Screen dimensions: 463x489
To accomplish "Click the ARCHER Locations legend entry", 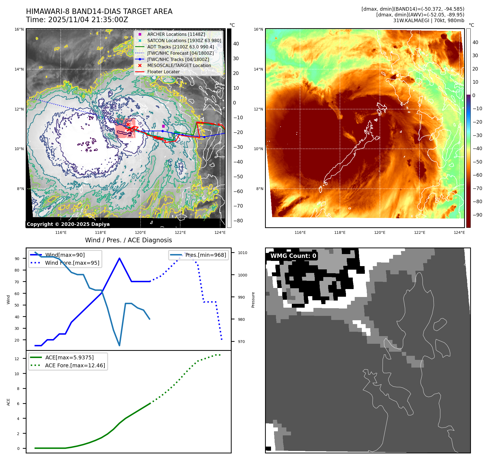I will (x=176, y=34).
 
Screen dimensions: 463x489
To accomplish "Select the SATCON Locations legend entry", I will (x=184, y=40).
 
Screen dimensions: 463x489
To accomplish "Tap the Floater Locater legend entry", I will (x=163, y=72).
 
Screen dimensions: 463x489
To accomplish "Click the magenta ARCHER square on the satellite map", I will (x=163, y=126).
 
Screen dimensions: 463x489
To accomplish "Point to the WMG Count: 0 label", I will (x=293, y=256).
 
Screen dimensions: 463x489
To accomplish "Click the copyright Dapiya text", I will (x=68, y=224).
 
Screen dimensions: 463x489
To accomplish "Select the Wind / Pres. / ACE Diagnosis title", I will (x=129, y=240).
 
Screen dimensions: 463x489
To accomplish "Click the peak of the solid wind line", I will (x=120, y=258).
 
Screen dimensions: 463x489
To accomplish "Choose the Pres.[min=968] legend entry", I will (x=205, y=255).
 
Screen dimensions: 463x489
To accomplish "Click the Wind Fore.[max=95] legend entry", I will (x=72, y=263).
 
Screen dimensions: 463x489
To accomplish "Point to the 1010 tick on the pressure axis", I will (x=242, y=253).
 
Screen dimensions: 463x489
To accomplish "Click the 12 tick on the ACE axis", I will (x=17, y=359).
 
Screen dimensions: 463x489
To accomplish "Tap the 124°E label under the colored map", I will (x=459, y=232).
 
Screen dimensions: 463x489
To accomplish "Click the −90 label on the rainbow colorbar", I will (x=478, y=215).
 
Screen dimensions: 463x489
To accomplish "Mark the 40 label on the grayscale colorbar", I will (x=236, y=44).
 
